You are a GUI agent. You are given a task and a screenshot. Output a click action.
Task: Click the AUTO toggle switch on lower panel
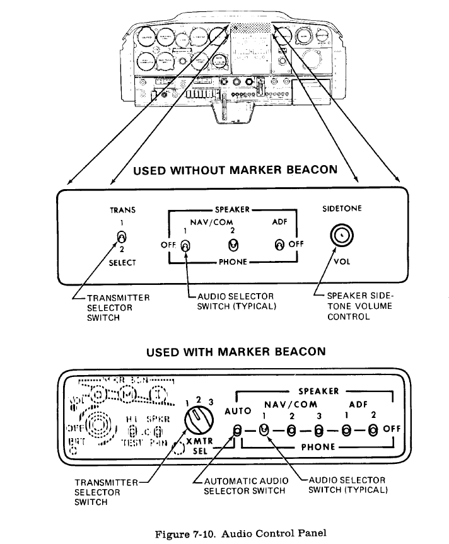coord(237,431)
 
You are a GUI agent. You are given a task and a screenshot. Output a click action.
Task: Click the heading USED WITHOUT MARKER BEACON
coord(235,170)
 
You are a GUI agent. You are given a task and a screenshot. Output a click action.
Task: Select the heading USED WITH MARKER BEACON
coord(236,350)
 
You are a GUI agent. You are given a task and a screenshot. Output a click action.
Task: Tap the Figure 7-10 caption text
coord(241,533)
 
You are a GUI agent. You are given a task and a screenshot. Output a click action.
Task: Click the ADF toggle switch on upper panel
coord(277,245)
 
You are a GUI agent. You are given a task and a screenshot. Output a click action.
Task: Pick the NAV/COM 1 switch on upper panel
coord(185,245)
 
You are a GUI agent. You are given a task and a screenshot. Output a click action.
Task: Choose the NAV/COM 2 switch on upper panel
coord(233,243)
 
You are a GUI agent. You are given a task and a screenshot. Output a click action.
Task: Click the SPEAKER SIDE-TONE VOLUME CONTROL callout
coord(359,306)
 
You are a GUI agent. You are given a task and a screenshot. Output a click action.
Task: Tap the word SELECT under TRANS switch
coord(122,262)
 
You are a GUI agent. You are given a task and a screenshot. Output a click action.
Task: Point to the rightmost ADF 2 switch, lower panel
coord(373,431)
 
